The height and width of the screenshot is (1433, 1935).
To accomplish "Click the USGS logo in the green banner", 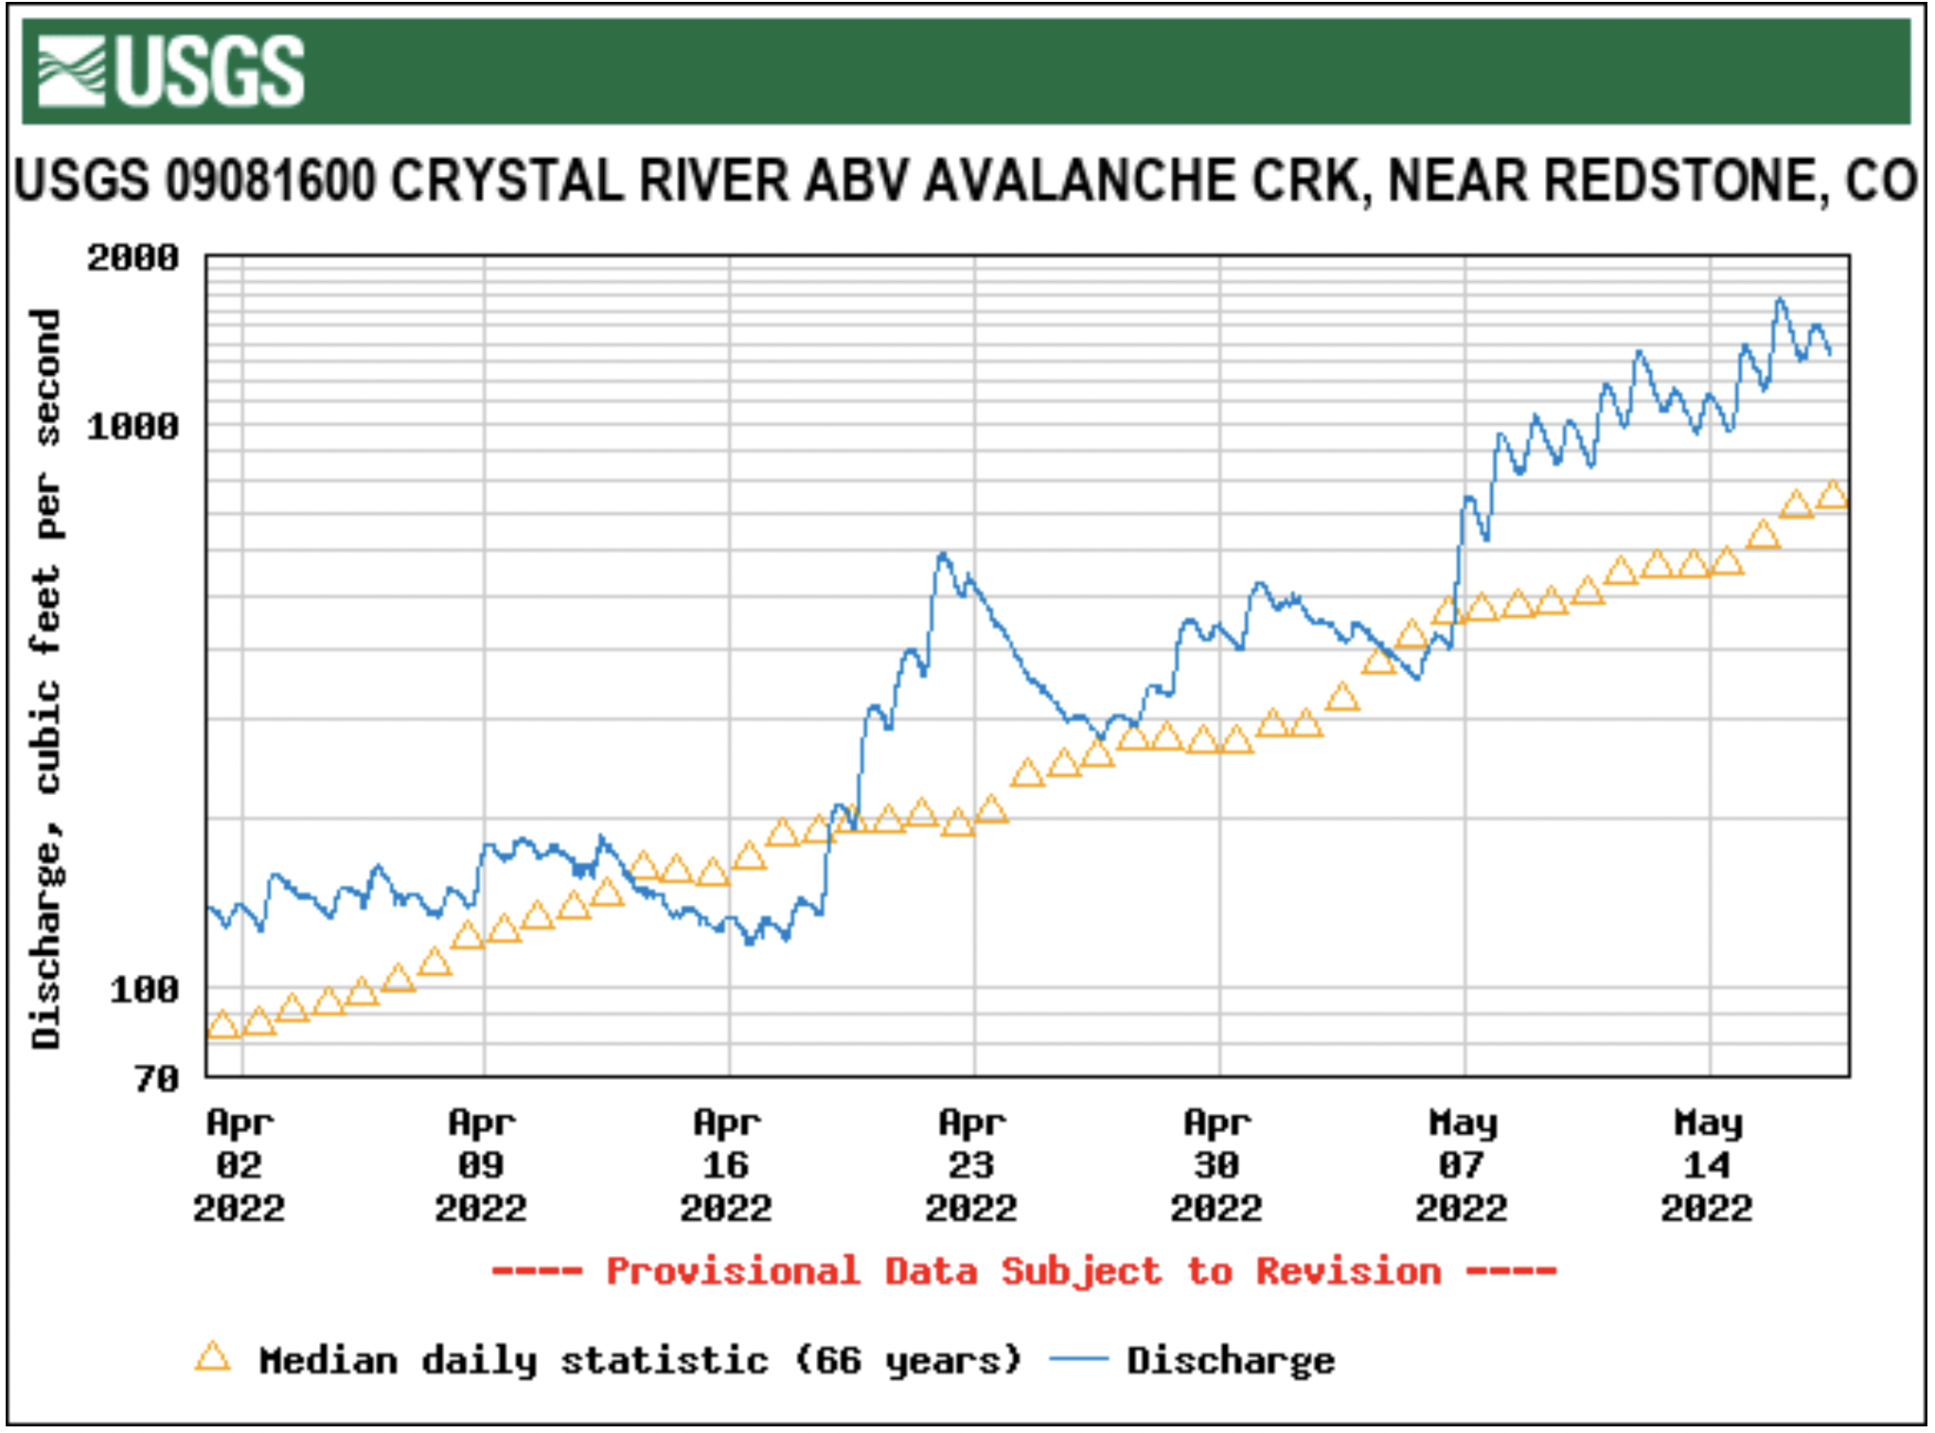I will click(x=170, y=71).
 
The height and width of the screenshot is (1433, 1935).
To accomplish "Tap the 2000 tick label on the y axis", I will click(x=133, y=257).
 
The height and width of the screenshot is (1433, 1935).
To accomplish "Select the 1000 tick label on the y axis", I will click(x=133, y=427).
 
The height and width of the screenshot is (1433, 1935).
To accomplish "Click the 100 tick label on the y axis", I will click(x=144, y=990).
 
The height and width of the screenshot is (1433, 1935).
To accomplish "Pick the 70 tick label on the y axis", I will click(x=156, y=1078).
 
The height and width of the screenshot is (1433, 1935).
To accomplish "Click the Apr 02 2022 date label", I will click(x=239, y=1165).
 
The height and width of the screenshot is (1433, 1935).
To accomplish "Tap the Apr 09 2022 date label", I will click(x=482, y=1165).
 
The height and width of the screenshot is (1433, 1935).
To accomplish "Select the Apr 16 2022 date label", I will click(x=726, y=1165).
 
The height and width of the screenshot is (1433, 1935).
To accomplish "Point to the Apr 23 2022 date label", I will click(x=971, y=1165).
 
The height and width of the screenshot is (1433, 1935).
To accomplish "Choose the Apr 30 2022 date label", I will click(x=1216, y=1165).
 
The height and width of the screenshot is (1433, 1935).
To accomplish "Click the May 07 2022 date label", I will click(x=1462, y=1165).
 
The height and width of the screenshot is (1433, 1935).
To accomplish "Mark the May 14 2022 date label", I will click(x=1707, y=1165).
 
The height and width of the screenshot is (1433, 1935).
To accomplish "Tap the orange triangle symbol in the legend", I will click(x=212, y=1357).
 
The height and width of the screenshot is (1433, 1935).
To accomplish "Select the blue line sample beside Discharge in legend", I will click(x=1078, y=1359).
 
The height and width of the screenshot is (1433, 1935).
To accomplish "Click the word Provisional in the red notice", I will click(x=733, y=1271).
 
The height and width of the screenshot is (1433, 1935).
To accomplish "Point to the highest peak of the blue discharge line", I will click(x=1781, y=299).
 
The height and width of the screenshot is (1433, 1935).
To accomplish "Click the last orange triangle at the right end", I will click(x=1833, y=495).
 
